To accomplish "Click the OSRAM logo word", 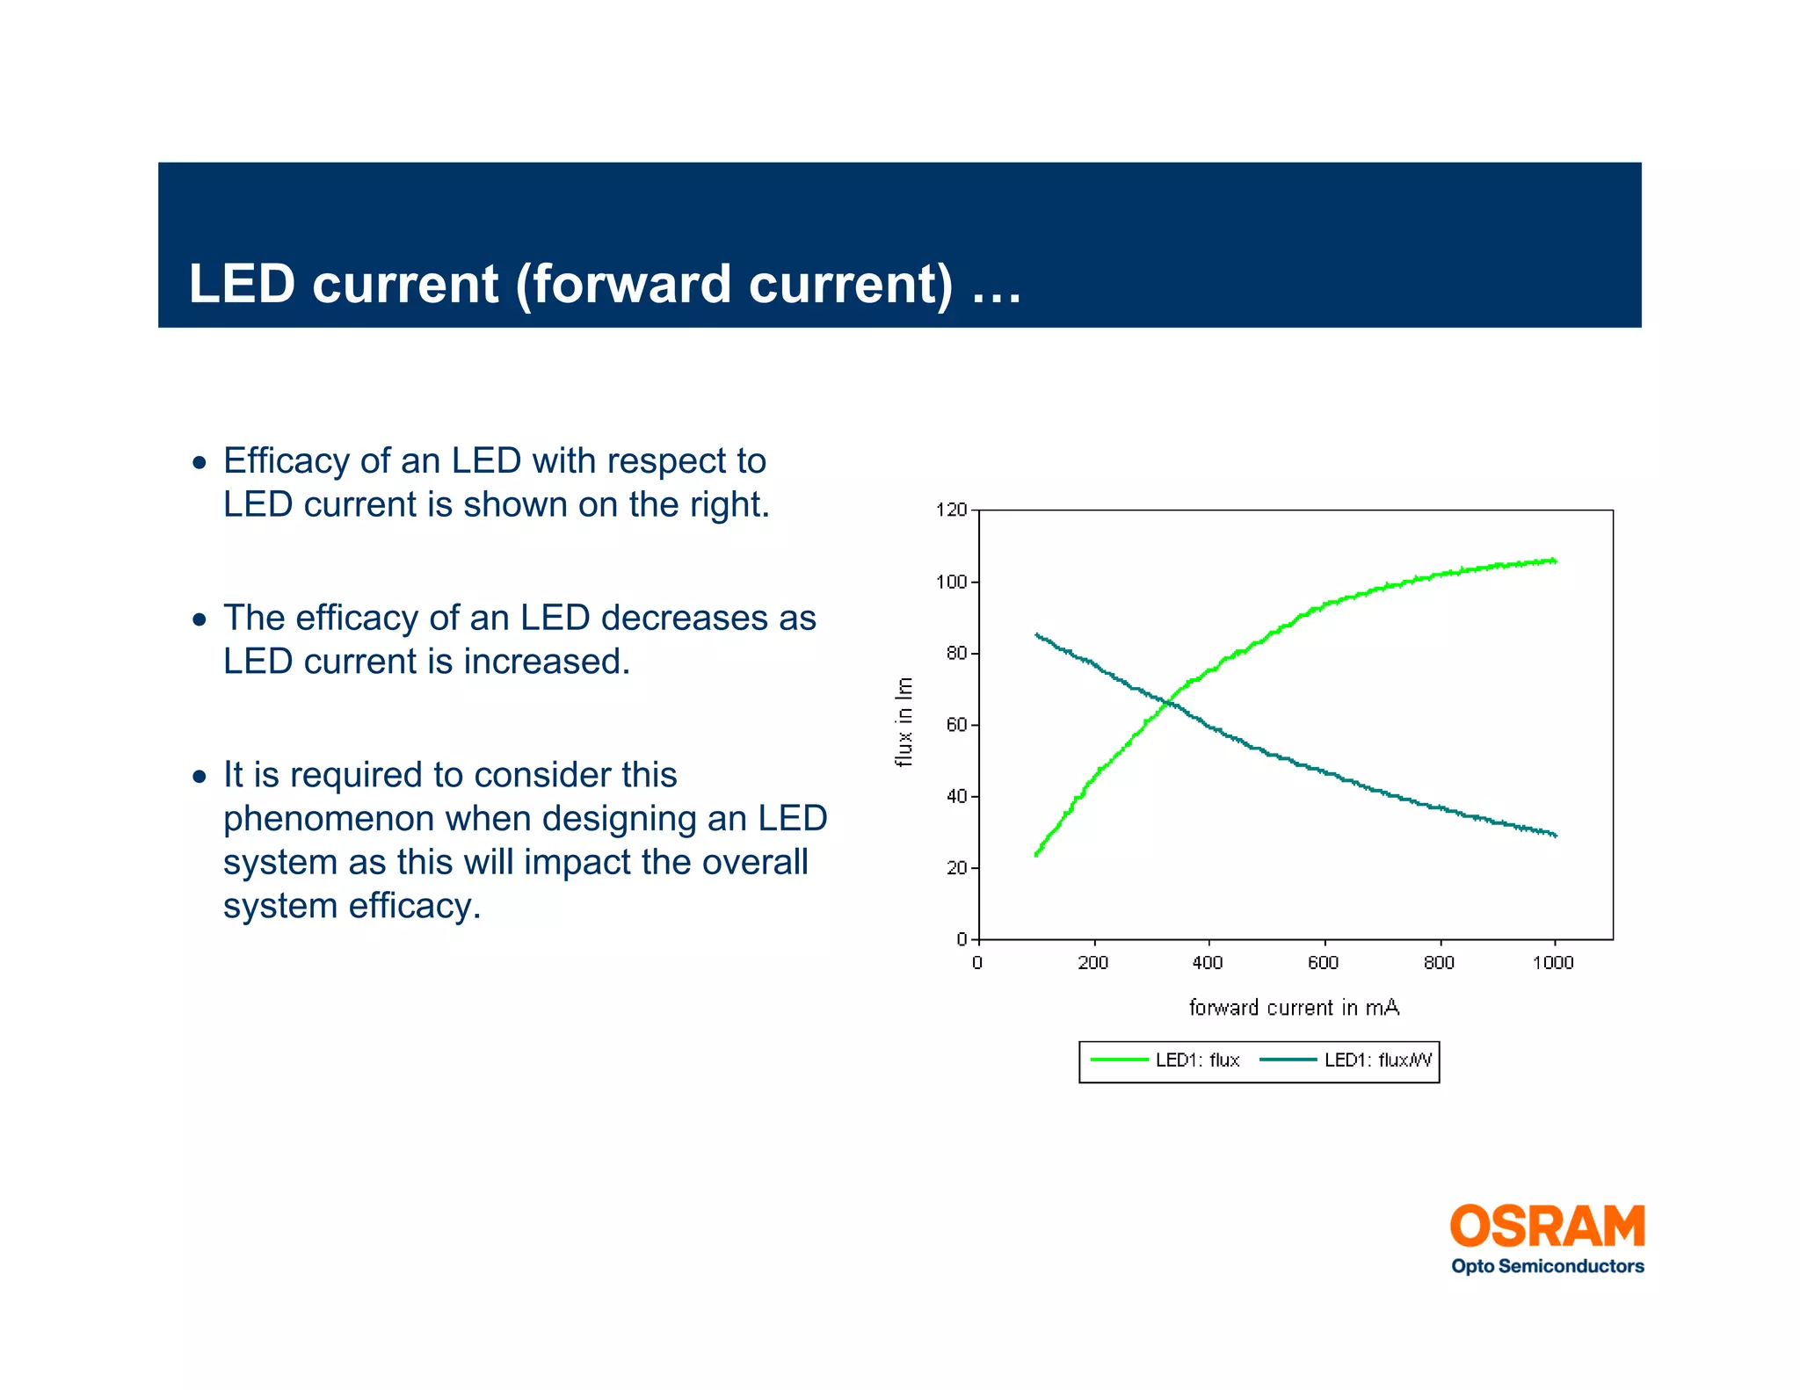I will (x=1547, y=1227).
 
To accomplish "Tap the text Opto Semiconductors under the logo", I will (x=1547, y=1266).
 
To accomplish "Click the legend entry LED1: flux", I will (x=1197, y=1061).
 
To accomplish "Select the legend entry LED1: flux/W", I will (x=1377, y=1061).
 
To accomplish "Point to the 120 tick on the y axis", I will (x=951, y=510).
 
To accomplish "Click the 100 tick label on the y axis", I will (x=951, y=582).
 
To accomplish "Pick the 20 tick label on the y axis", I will (x=955, y=868).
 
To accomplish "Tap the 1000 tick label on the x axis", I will (x=1553, y=963).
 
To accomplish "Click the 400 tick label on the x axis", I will (x=1208, y=963).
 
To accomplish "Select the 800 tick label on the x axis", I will (x=1439, y=963).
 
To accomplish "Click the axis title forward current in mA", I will (x=1294, y=1008).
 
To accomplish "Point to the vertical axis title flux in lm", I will (x=904, y=722).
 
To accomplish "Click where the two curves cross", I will (x=1166, y=703).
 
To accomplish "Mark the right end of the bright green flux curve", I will (x=1554, y=561).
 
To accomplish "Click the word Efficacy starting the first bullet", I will (x=286, y=461).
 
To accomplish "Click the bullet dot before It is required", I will (x=200, y=777).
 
